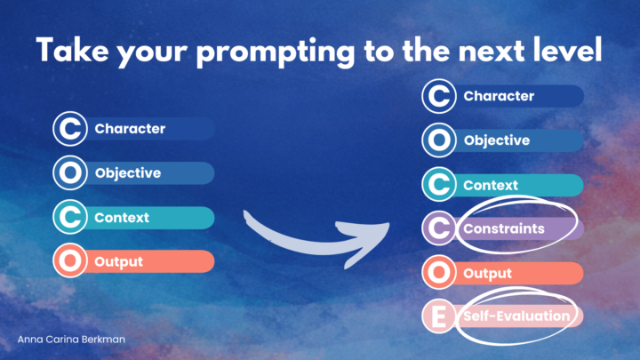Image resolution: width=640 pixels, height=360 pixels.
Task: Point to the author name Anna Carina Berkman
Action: pos(72,340)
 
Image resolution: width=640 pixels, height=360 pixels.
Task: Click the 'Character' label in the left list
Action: pos(130,129)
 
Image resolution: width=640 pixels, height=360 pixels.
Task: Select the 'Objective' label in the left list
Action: pos(129,173)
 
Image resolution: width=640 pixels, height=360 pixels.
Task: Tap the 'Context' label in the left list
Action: pos(122,218)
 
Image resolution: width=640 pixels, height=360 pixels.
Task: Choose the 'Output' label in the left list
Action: pos(119,262)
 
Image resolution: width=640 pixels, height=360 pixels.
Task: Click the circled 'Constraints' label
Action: pos(502,229)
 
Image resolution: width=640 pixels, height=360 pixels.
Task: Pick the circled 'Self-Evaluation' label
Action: pos(515,316)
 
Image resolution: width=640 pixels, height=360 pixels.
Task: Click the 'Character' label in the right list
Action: pos(499,96)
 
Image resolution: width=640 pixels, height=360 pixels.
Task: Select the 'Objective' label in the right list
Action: pos(497,140)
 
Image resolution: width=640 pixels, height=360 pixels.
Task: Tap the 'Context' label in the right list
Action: pos(491,186)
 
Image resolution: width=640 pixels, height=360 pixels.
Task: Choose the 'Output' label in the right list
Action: pos(487,274)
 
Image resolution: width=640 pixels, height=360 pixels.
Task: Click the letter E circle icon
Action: pos(439,316)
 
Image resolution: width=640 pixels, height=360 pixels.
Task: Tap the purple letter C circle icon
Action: pos(439,229)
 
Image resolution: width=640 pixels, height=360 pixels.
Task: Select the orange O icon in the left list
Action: pos(69,262)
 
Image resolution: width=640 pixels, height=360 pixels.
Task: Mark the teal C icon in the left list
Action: pos(69,218)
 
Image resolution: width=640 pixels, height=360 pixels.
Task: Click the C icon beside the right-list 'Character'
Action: pos(439,96)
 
